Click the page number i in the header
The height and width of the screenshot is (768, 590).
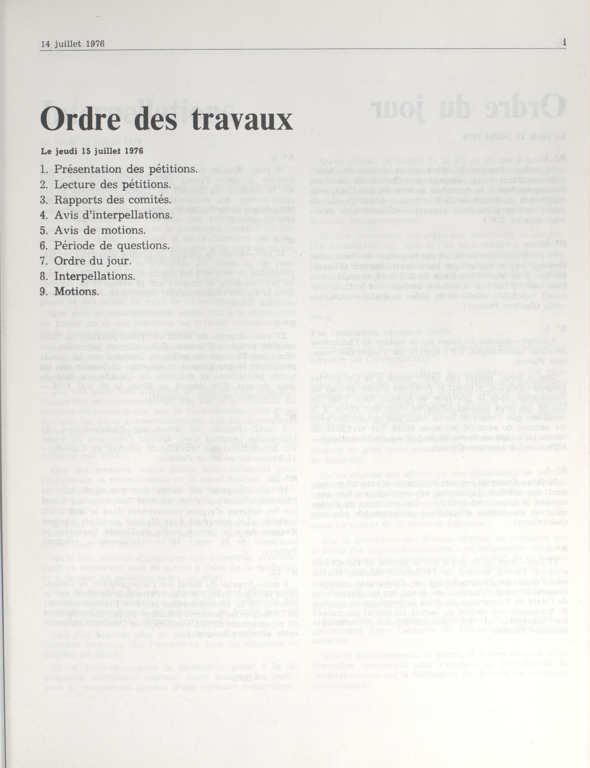point(564,43)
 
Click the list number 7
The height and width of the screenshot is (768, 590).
point(43,261)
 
